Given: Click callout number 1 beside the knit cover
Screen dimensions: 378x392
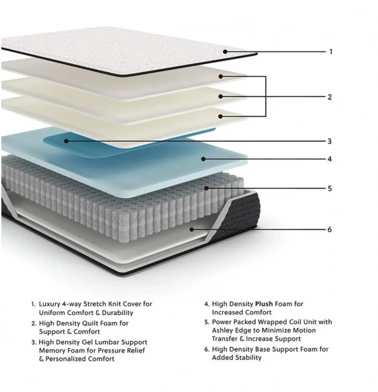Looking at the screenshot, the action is click(x=331, y=52).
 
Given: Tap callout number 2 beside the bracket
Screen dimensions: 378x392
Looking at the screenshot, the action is click(x=330, y=97).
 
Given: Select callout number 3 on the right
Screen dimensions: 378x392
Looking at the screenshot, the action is click(x=330, y=141).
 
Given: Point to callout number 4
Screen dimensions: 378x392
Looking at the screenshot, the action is click(x=330, y=159).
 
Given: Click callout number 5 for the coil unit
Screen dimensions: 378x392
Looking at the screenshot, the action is click(x=330, y=188).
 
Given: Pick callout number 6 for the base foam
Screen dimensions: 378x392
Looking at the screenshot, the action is click(x=330, y=229).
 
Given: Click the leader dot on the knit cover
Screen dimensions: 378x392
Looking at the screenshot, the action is click(x=225, y=52).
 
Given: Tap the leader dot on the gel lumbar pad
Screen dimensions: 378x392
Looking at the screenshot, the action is click(x=66, y=141).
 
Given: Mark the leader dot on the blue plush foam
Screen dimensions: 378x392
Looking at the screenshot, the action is click(x=203, y=159).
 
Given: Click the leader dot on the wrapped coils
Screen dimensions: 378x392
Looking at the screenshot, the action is click(x=207, y=188).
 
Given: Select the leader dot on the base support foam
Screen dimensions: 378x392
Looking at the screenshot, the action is click(x=192, y=229).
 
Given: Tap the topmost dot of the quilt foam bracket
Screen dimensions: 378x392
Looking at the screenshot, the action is click(x=220, y=76).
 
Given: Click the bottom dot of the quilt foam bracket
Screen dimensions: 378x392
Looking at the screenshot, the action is click(x=220, y=116).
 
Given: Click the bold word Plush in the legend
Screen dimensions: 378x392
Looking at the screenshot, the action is click(x=264, y=304).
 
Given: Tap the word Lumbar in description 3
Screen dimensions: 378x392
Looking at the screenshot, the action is click(x=107, y=342).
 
